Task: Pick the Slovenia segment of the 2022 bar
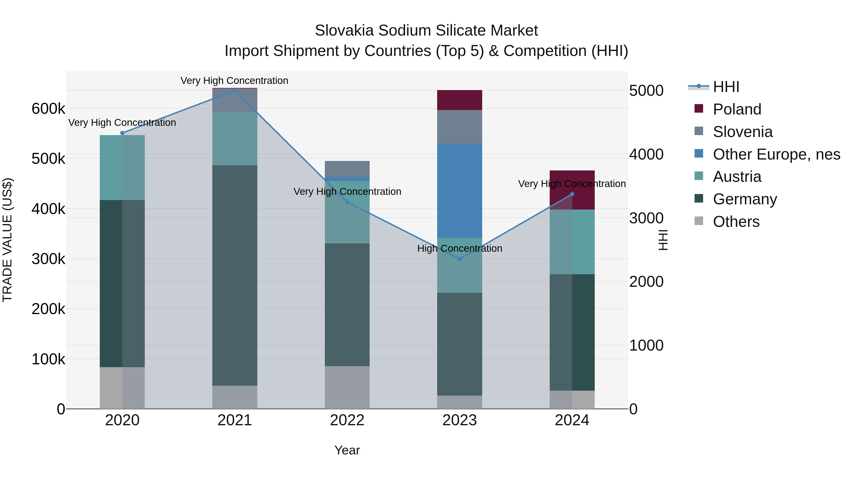[347, 169]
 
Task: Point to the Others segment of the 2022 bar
[347, 387]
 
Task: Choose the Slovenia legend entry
[742, 132]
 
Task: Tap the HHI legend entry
[726, 87]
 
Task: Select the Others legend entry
[736, 222]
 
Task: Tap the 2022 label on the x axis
[347, 420]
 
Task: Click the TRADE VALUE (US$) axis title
[7, 240]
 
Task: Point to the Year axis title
[347, 450]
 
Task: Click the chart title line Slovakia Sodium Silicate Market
[426, 31]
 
